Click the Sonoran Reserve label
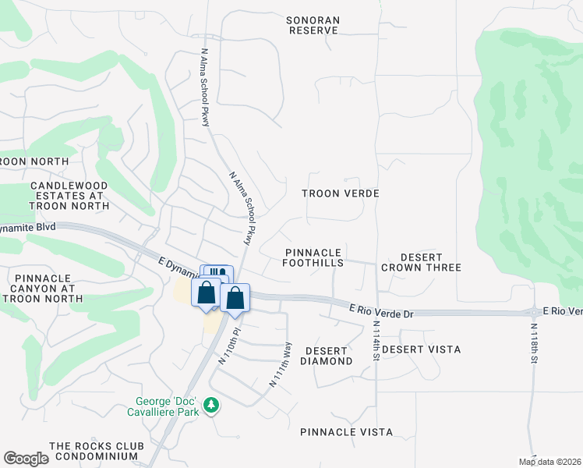[313, 25]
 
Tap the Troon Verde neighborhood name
[341, 193]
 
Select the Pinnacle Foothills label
[314, 258]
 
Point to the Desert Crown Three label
[421, 262]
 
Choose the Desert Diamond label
[328, 356]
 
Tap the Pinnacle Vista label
[346, 431]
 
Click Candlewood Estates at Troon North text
[66, 195]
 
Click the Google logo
[26, 459]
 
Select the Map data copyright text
[549, 462]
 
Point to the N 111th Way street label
[281, 364]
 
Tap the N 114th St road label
[376, 340]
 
